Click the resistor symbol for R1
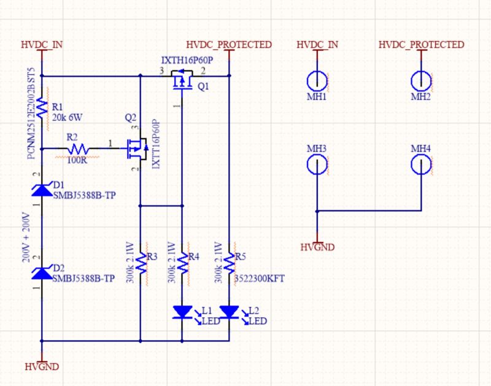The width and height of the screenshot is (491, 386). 42,108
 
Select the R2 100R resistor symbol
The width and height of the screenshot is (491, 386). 78,149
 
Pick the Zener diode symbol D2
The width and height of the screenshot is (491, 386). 42,272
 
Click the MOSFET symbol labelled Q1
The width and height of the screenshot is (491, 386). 182,82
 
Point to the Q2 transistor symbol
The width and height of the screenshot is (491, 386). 135,148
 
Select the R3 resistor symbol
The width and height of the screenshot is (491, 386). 141,263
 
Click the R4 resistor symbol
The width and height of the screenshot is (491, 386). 182,263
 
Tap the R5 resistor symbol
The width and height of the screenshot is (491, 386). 229,263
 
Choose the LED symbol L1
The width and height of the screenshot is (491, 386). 182,312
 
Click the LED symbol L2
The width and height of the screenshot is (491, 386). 229,312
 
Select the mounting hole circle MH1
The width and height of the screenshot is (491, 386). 317,80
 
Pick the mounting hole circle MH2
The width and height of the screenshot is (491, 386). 421,80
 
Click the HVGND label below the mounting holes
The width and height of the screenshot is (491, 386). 317,247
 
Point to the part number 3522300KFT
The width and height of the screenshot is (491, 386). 260,279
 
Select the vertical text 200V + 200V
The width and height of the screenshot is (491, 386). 26,237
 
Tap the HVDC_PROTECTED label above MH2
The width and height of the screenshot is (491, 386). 421,45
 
